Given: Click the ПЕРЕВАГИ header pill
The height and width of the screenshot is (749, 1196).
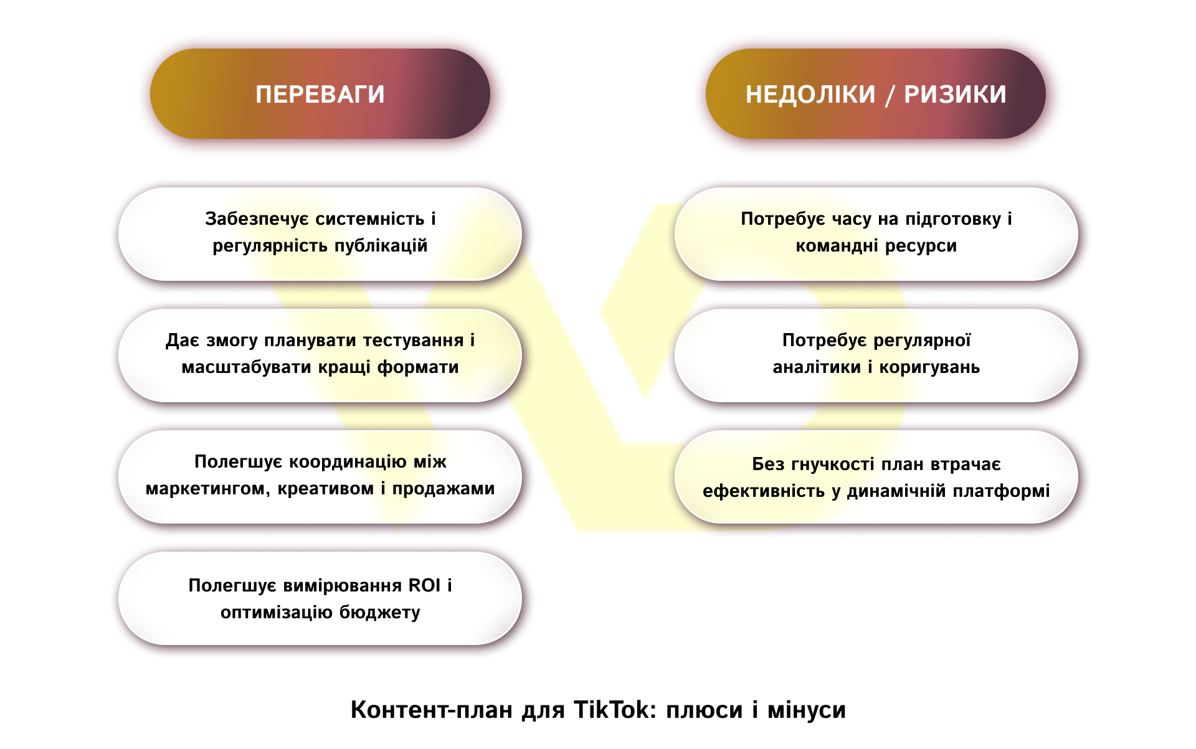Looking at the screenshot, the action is click(320, 93).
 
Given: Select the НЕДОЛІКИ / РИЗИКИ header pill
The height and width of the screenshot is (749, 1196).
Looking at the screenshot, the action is click(875, 93).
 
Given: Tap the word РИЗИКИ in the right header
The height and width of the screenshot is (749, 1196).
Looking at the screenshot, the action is click(955, 95).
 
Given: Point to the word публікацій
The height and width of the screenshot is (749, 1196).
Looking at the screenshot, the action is click(381, 246).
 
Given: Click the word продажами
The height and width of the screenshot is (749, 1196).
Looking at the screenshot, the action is click(444, 489).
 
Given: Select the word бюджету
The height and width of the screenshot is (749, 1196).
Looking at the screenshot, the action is click(380, 613).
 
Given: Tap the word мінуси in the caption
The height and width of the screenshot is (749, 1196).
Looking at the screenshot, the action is click(807, 710).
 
